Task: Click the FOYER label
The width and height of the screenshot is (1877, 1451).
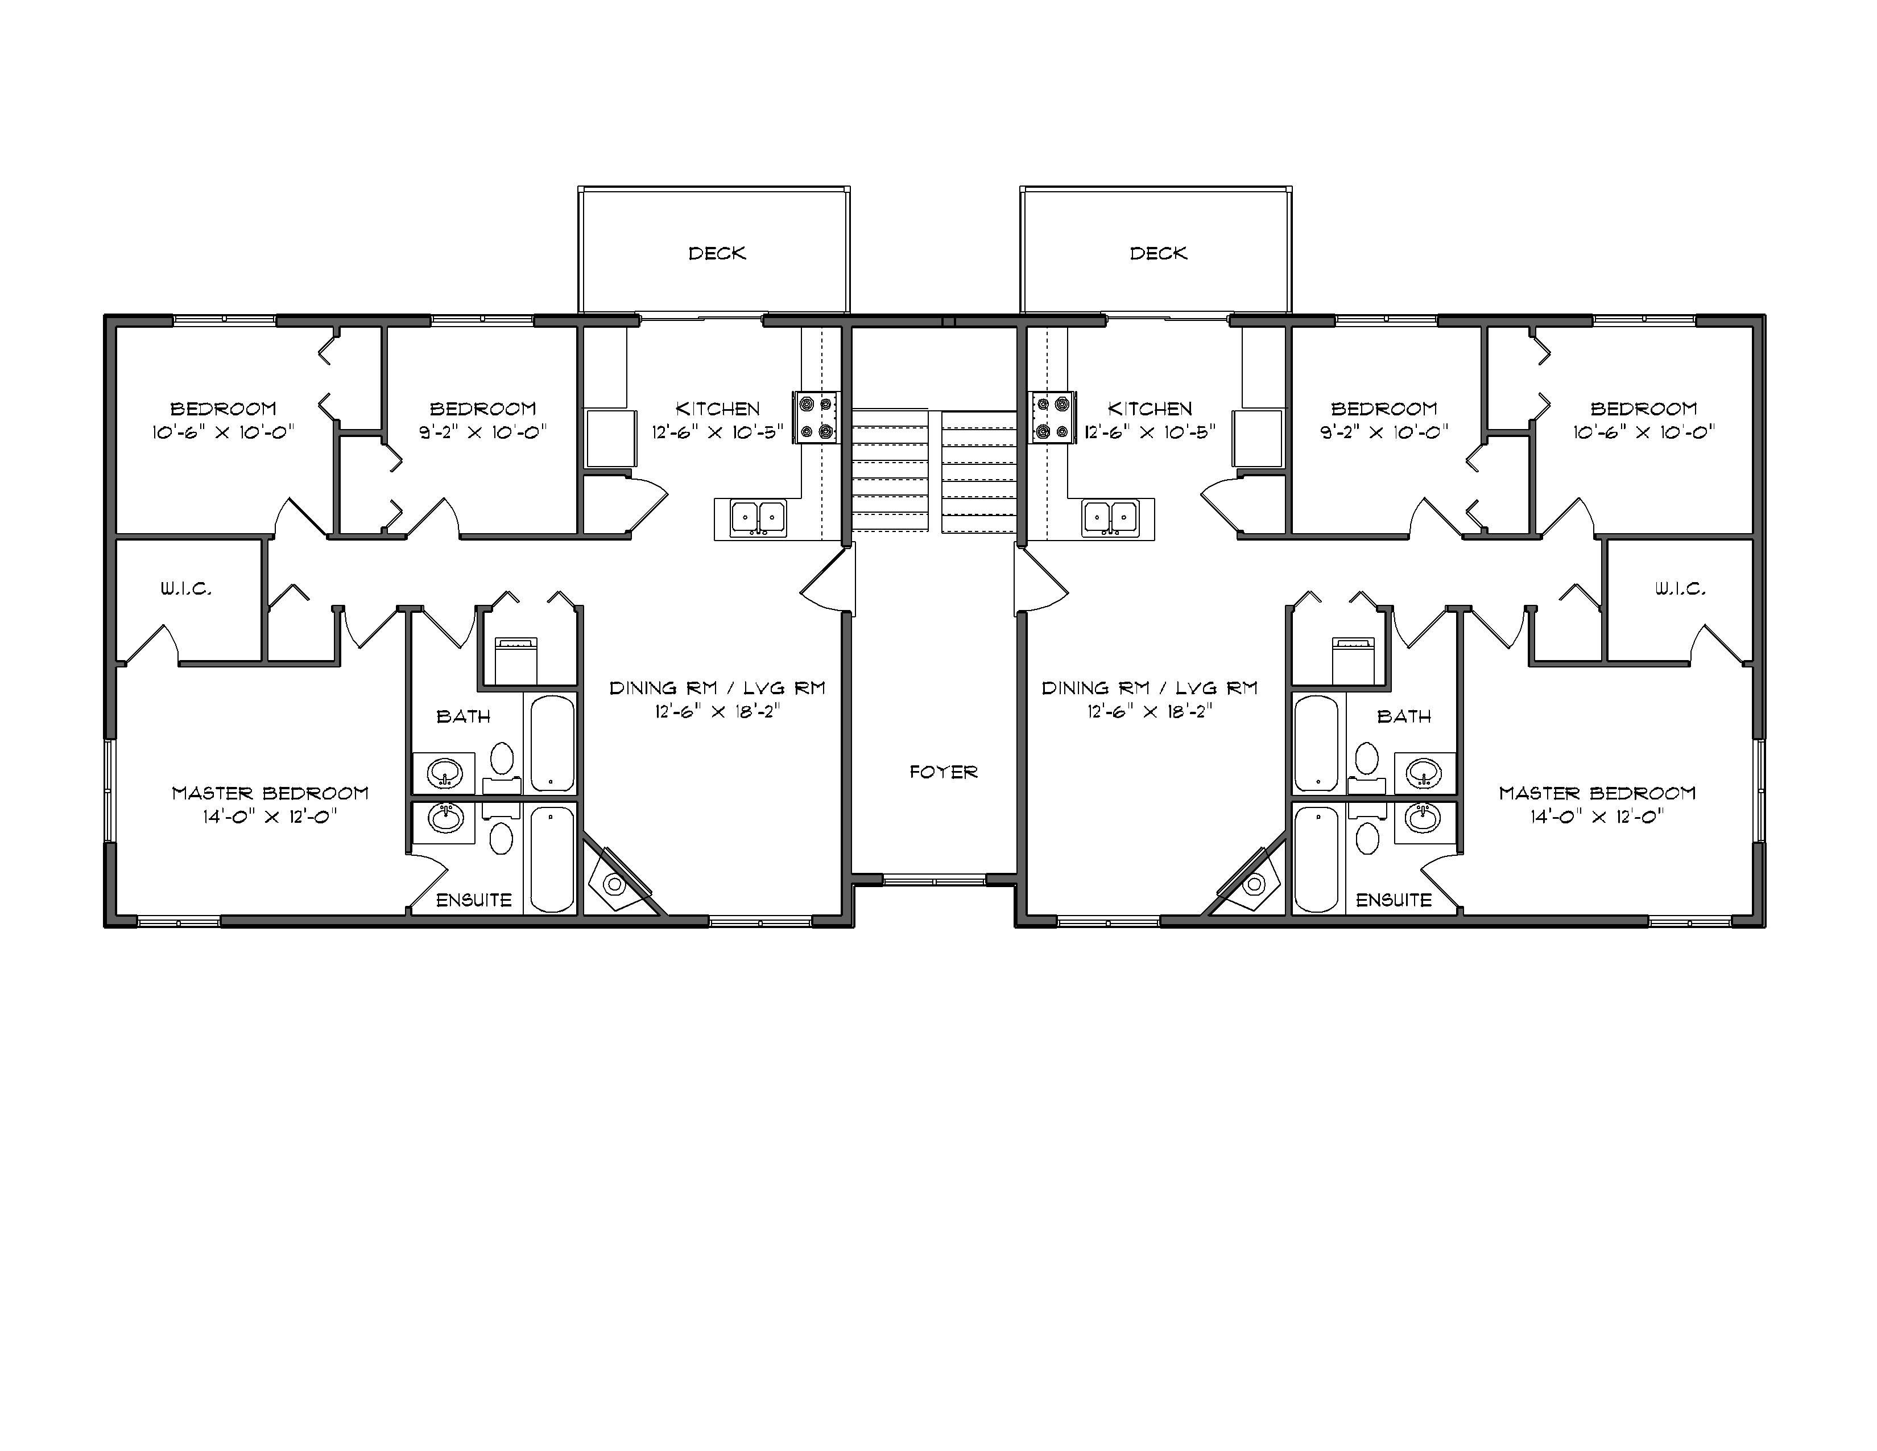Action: click(x=944, y=772)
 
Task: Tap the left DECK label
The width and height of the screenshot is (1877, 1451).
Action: click(x=717, y=253)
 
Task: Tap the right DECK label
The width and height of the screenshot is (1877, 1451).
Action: click(x=1159, y=253)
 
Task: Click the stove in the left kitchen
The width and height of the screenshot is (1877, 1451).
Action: click(x=815, y=418)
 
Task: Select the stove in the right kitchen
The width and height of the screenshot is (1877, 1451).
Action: click(x=1053, y=418)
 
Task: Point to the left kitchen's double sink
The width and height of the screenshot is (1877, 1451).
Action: click(x=758, y=517)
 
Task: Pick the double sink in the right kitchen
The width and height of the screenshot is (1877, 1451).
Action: click(x=1111, y=517)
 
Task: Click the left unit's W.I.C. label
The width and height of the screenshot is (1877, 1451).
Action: click(x=185, y=589)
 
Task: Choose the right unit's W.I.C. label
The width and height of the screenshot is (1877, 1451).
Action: click(x=1680, y=589)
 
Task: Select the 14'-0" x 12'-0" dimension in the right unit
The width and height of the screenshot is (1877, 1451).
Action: click(x=1597, y=817)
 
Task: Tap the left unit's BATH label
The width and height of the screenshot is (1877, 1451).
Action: click(x=463, y=716)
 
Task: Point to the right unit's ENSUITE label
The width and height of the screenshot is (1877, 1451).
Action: click(x=1393, y=900)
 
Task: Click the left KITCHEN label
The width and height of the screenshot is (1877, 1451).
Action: click(x=718, y=409)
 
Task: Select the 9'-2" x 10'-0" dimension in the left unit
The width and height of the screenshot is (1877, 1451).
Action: click(x=483, y=432)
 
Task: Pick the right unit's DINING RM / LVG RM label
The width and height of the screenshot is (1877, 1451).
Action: click(x=1149, y=688)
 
